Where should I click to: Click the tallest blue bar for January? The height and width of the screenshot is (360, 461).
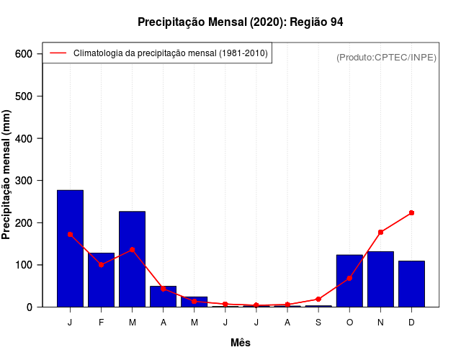click(70, 248)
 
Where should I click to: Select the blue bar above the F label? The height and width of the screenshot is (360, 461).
click(101, 280)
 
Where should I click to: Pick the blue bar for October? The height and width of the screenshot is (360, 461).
click(349, 281)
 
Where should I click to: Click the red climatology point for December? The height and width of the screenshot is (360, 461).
click(411, 213)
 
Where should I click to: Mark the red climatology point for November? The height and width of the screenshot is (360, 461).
click(380, 232)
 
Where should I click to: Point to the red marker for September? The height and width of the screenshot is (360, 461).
click(318, 299)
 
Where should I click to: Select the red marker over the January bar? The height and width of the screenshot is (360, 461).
click(70, 234)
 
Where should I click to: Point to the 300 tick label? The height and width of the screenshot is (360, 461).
click(24, 181)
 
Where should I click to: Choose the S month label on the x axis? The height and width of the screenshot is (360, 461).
click(318, 323)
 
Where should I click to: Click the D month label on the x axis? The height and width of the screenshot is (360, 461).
click(411, 323)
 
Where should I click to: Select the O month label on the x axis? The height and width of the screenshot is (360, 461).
click(349, 323)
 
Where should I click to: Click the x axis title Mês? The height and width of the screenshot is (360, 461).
click(241, 343)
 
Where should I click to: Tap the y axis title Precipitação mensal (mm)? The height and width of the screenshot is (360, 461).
click(7, 174)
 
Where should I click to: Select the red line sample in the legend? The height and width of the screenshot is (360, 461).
click(58, 53)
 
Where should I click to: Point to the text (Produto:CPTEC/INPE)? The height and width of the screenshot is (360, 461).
click(387, 57)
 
